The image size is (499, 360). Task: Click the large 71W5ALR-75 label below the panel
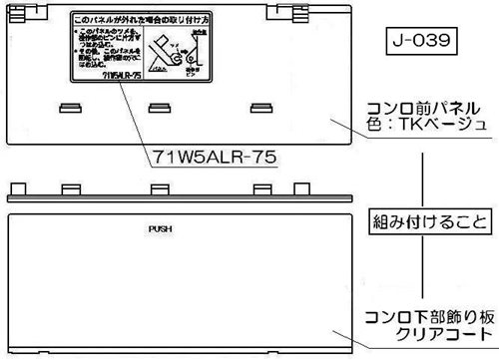[214, 157]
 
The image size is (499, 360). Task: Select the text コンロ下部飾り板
[429, 316]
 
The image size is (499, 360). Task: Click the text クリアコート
[429, 333]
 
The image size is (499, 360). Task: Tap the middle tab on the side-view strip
[160, 188]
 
